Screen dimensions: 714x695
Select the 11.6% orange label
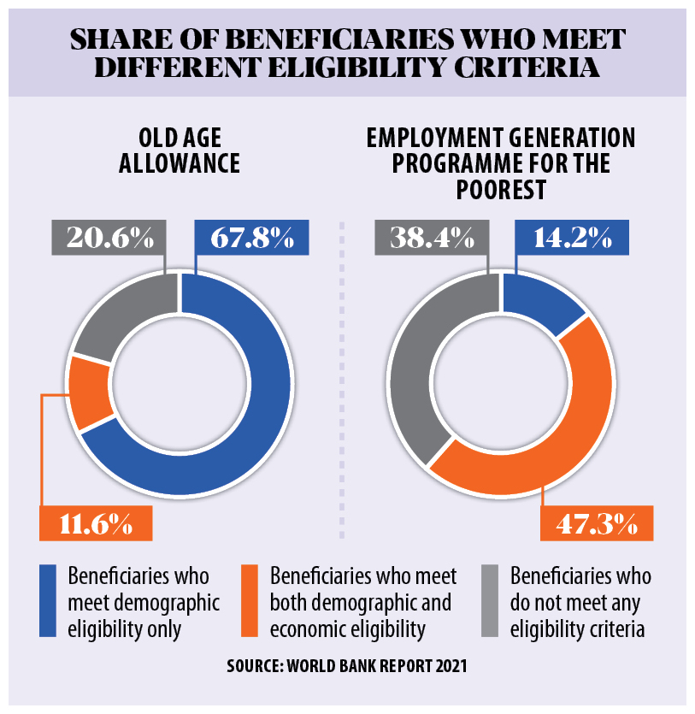[96, 522]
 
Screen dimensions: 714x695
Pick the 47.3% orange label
[595, 522]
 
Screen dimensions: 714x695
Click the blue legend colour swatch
[47, 600]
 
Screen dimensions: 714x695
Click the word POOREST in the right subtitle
[501, 189]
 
